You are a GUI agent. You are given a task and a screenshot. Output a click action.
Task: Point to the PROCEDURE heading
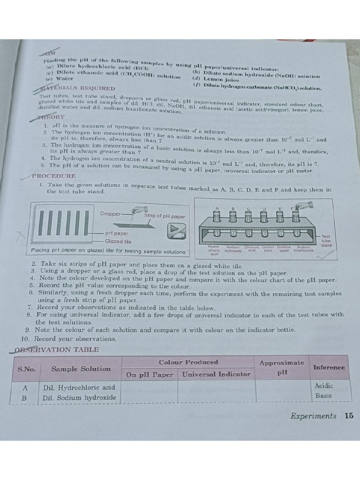53,176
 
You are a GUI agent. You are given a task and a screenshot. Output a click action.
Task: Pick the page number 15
349,416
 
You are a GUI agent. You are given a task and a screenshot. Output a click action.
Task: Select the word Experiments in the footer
313,416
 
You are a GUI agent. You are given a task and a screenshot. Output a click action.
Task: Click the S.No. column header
27,368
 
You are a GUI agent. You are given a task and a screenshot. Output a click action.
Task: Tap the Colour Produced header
188,362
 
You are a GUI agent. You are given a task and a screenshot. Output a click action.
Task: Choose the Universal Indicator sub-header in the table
216,374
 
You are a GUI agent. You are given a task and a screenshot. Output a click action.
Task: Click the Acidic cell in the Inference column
324,386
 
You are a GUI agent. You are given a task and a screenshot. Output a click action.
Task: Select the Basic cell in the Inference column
324,396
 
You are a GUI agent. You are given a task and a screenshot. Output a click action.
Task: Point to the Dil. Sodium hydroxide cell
79,397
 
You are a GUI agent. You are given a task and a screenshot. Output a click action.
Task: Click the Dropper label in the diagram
110,213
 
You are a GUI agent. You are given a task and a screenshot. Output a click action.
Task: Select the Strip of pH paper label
165,216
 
